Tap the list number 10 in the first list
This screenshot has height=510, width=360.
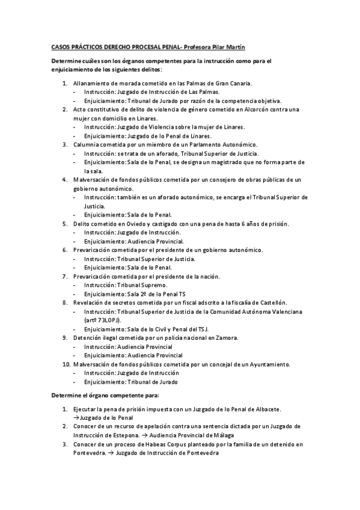pyautogui.click(x=66, y=364)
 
